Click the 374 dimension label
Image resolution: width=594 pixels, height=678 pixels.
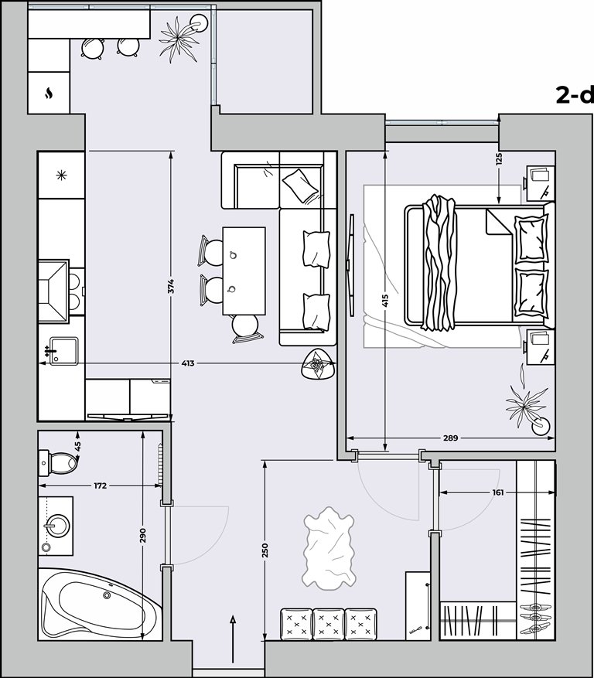click(172, 287)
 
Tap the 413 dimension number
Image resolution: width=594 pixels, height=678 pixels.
click(188, 363)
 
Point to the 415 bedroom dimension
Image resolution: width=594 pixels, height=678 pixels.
click(385, 301)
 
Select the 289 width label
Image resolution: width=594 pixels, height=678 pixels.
click(450, 438)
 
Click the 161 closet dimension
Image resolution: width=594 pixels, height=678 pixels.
click(497, 492)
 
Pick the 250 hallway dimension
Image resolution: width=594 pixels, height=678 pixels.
click(265, 549)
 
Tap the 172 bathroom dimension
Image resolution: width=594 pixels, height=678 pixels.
click(100, 486)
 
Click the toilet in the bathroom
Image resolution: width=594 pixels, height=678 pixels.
click(58, 462)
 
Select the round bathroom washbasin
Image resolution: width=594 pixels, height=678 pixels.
click(56, 526)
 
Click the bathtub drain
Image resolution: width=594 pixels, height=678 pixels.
click(107, 595)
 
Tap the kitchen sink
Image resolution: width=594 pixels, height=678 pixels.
click(64, 351)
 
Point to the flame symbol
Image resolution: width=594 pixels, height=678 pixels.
click(49, 94)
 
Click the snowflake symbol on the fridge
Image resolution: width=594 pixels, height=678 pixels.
click(61, 175)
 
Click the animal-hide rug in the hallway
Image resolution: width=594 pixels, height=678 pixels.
click(329, 548)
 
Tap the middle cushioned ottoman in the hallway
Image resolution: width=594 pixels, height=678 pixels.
click(329, 625)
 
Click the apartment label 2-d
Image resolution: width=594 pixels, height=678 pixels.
click(575, 95)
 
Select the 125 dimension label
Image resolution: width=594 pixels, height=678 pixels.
click(500, 158)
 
